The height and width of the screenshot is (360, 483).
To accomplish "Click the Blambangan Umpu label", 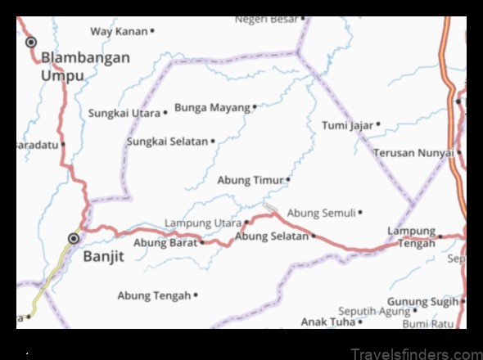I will click(85, 65).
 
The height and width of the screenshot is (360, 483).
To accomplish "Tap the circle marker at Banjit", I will click(74, 239).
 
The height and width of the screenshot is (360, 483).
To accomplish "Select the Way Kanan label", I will click(119, 31).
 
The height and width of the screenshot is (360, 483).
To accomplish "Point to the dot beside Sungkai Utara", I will click(165, 113).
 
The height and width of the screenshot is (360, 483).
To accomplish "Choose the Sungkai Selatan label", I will click(167, 142).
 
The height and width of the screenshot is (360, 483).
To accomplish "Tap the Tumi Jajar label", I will click(347, 125).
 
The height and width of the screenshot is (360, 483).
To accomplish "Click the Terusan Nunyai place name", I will click(413, 153).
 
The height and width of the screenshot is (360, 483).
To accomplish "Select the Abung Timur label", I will click(251, 180).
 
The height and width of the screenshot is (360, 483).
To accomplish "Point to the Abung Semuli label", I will click(322, 213).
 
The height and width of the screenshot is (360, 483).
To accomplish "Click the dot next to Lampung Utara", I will click(246, 222).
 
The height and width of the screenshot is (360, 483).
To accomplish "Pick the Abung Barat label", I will click(165, 242).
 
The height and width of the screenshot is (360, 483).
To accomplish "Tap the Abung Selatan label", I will click(272, 236).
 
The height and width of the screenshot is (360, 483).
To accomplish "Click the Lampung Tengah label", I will click(411, 237).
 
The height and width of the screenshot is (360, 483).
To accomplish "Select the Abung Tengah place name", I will click(154, 295).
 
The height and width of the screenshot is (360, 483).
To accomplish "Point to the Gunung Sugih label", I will click(422, 302).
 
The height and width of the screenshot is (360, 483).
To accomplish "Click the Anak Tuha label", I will click(327, 322).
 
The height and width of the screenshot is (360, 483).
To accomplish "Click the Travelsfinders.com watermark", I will click(415, 353).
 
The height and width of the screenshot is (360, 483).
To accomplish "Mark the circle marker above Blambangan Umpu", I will click(32, 42).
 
